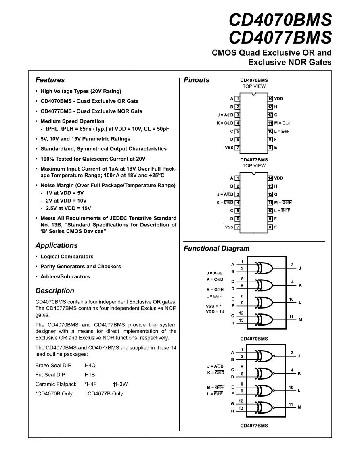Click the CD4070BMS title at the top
[280, 20]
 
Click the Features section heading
[50, 80]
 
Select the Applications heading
[57, 245]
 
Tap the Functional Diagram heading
[216, 249]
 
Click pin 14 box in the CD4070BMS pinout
[270, 98]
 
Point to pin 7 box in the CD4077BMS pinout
[238, 227]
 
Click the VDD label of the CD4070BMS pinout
[278, 98]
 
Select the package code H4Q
[90, 365]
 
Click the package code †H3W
[120, 384]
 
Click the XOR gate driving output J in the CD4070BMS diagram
[265, 268]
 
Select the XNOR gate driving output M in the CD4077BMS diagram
[265, 407]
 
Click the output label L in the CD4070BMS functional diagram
[300, 302]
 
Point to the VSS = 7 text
[213, 306]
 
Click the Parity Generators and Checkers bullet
[81, 266]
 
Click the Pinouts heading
[197, 80]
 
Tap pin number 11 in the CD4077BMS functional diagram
[291, 404]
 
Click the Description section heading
[55, 290]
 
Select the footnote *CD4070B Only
[54, 393]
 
